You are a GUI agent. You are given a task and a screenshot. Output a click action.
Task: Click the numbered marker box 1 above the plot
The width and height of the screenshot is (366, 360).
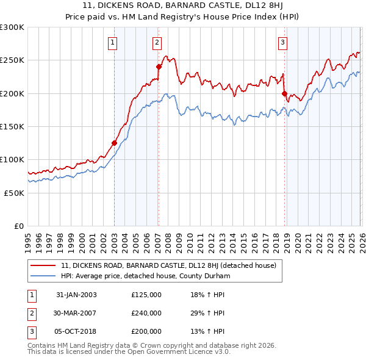[114, 42]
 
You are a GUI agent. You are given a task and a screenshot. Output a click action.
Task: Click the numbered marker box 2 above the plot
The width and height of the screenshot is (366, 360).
[157, 42]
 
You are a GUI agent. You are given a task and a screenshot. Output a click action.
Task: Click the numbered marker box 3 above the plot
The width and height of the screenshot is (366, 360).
[283, 42]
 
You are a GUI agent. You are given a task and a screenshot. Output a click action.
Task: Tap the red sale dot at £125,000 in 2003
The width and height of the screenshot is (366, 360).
[114, 143]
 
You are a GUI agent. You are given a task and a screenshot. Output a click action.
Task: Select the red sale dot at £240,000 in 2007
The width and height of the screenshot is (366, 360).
[159, 67]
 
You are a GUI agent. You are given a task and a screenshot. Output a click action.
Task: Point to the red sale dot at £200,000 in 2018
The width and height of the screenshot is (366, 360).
[284, 93]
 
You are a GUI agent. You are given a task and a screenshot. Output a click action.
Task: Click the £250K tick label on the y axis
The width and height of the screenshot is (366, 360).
[12, 60]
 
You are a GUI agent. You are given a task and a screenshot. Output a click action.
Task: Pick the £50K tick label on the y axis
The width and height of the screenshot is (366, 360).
[14, 192]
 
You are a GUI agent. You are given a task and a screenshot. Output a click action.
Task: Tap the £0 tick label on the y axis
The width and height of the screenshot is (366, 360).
[20, 226]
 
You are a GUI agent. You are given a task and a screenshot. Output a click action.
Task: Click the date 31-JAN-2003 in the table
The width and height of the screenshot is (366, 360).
[76, 295]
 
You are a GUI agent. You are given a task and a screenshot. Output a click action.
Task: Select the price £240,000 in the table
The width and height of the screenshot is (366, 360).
[146, 313]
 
